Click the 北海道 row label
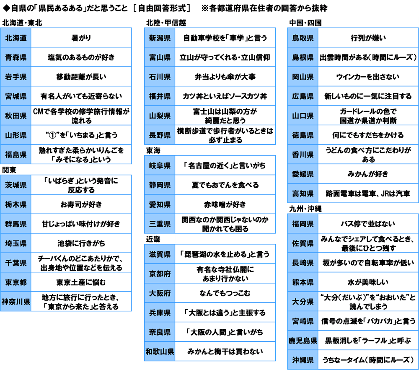[x=16, y=38]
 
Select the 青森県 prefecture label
[x=16, y=57]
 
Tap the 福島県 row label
[x=16, y=155]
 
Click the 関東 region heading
[x=9, y=170]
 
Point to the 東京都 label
[x=16, y=282]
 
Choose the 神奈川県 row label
[x=16, y=302]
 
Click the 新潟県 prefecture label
[x=160, y=38]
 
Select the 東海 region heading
[x=153, y=150]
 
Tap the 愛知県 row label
[x=160, y=205]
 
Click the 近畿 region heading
[x=153, y=239]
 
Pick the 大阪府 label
[x=160, y=293]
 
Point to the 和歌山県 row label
[x=160, y=351]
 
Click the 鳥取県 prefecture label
[x=303, y=38]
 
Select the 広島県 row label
[x=303, y=96]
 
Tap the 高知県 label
[x=303, y=194]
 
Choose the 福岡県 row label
[x=303, y=224]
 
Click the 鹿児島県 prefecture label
[x=303, y=341]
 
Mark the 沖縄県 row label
[x=303, y=360]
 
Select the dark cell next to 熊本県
[x=368, y=282]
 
